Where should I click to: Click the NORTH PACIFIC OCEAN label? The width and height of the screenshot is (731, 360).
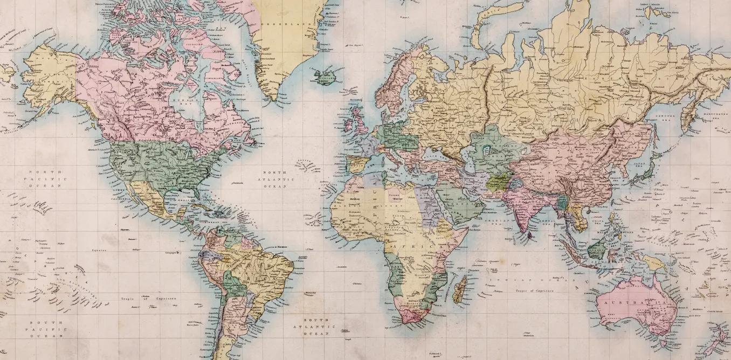pos(46,178)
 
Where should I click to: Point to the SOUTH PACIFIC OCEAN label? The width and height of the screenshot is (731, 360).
pos(46,329)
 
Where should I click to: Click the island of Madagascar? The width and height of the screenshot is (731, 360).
pos(460,290)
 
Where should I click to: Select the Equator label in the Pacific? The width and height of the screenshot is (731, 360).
pos(98,250)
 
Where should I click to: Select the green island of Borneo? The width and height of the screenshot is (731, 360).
pos(597,249)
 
